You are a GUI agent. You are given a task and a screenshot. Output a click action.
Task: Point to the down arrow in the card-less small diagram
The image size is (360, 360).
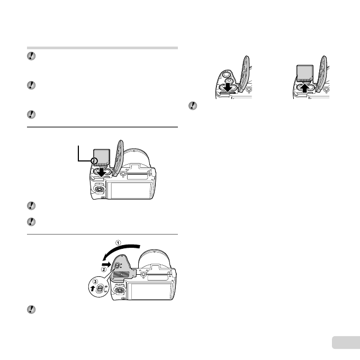click(227, 87)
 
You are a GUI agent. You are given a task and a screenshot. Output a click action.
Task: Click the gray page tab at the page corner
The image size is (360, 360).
click(345, 344)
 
